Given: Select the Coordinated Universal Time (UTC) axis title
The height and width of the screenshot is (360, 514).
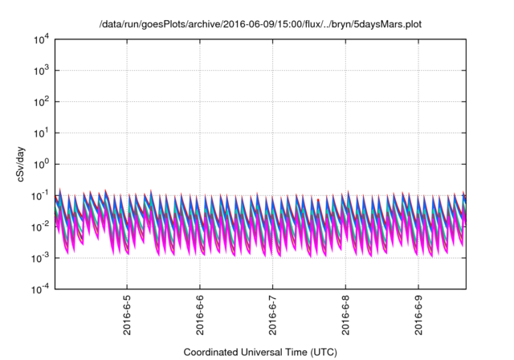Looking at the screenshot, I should (x=259, y=352).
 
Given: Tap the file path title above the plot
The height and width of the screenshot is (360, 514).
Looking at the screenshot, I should (x=259, y=25).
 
